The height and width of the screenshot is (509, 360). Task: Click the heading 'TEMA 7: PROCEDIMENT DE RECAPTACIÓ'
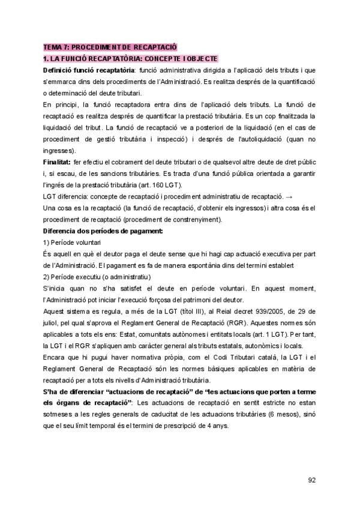coord(110,47)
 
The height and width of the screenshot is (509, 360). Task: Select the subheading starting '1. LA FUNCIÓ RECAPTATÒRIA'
coord(130,58)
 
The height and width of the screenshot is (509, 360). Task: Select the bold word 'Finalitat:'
coord(58,162)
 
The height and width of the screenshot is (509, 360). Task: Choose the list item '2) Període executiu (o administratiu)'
coord(98,277)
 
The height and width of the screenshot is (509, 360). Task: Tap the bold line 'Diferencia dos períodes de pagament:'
coord(103,231)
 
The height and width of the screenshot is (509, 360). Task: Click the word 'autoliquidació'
coord(260,139)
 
